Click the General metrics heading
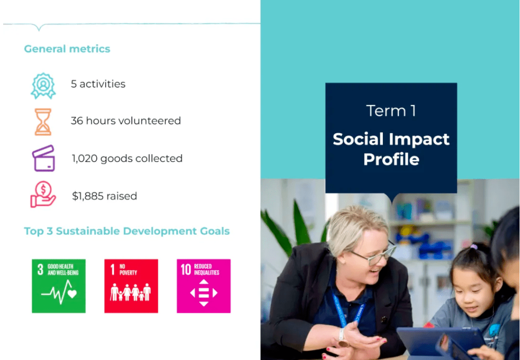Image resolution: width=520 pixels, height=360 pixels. point(67,49)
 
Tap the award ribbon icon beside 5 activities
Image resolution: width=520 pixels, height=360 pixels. point(43,86)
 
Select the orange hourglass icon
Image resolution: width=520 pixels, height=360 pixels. point(43,122)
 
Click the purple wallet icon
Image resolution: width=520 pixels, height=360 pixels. point(44,158)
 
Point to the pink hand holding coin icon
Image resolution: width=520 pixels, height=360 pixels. point(43,195)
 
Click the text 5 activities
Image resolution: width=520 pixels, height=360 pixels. point(98,84)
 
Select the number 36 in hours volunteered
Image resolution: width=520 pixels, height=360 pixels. point(77,120)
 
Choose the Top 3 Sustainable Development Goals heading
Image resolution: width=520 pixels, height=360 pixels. point(127,231)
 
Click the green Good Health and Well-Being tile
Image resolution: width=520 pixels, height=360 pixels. point(59,286)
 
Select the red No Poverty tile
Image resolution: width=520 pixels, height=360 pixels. point(131,286)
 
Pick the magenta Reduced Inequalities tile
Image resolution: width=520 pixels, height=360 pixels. point(204,286)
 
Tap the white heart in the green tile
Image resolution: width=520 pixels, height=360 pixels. point(72,294)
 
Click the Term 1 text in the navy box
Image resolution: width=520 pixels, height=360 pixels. point(391,111)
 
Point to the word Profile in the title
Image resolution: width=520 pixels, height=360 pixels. point(391,160)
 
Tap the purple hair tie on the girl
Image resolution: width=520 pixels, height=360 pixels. point(474,247)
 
